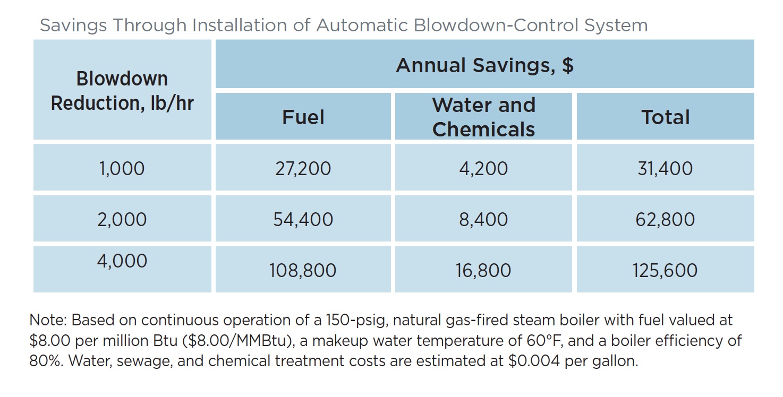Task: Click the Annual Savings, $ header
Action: pyautogui.click(x=484, y=65)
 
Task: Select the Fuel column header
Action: pyautogui.click(x=303, y=117)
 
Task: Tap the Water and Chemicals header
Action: pyautogui.click(x=483, y=117)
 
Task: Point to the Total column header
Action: pyautogui.click(x=665, y=117)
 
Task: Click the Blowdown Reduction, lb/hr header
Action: pyautogui.click(x=122, y=90)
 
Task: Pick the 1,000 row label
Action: pyautogui.click(x=122, y=169)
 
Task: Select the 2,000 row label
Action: pyautogui.click(x=122, y=220)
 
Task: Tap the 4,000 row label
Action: pyautogui.click(x=122, y=261)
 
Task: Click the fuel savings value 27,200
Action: pyautogui.click(x=303, y=169)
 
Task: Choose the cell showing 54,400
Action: pyautogui.click(x=303, y=220)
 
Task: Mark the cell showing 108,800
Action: pyautogui.click(x=303, y=271)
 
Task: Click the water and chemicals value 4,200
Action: pyautogui.click(x=483, y=169)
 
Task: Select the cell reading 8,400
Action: pyautogui.click(x=483, y=220)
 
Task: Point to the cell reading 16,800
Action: pyautogui.click(x=483, y=271)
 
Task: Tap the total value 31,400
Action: pyautogui.click(x=665, y=169)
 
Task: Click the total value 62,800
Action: pyautogui.click(x=665, y=220)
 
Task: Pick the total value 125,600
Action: pyautogui.click(x=665, y=271)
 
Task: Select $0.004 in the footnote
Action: pyautogui.click(x=537, y=361)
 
